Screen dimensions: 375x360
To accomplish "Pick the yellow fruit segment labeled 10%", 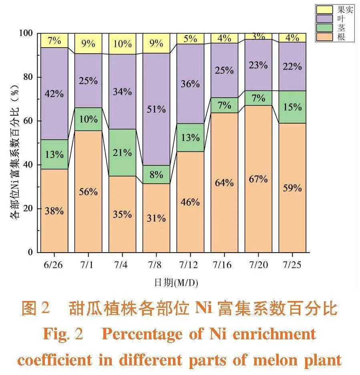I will (x=122, y=44).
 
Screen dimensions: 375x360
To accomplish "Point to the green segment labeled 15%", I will (x=292, y=107).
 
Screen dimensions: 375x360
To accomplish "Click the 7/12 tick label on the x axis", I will (x=190, y=265).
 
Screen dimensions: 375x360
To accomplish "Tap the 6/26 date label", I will (x=54, y=265).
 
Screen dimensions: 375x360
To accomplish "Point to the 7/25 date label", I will (x=292, y=265).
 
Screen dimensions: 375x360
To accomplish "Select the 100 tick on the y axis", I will (x=26, y=33).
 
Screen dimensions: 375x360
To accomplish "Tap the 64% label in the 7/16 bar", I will (x=224, y=183).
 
